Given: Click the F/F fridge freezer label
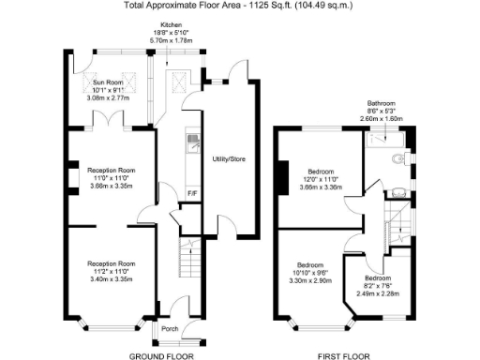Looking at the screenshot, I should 191,194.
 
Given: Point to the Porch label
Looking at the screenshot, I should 170,329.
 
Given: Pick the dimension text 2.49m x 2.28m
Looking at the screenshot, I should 378,293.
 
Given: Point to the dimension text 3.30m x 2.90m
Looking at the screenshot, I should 310,280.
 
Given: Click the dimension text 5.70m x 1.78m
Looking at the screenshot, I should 171,41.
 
